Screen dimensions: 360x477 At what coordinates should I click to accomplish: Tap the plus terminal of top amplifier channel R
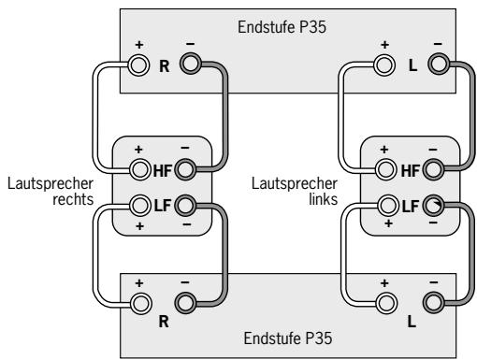point(140,65)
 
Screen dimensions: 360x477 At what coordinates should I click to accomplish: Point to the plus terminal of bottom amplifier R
point(140,302)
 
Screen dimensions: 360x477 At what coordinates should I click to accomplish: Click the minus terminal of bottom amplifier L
point(434,302)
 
